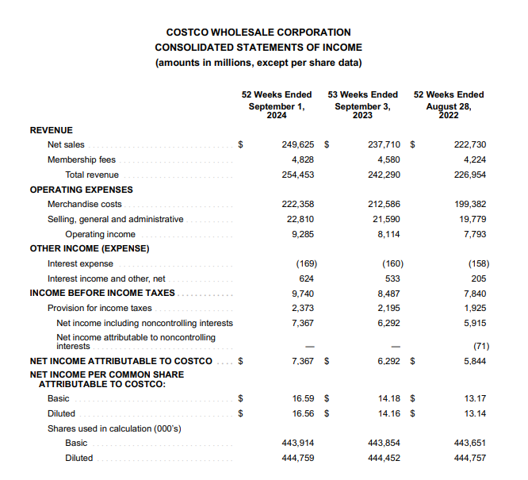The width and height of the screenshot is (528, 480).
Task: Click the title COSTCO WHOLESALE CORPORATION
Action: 258,33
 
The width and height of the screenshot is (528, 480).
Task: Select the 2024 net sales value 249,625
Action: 298,145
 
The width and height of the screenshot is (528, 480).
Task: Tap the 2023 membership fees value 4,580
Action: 385,159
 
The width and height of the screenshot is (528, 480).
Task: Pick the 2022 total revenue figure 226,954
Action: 470,175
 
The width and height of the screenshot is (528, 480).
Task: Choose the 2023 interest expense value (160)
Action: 391,263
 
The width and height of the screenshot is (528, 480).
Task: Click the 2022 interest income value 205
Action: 479,278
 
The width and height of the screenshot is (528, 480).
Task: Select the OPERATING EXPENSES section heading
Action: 81,190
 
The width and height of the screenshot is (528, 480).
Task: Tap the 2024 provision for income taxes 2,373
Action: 303,308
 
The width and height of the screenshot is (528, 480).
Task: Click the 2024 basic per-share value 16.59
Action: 303,398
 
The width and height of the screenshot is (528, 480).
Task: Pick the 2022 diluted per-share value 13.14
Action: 475,413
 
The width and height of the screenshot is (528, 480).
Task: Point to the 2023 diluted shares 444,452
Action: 385,458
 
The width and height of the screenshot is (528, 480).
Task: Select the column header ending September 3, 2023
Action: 363,105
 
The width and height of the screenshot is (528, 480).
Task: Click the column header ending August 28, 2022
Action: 449,105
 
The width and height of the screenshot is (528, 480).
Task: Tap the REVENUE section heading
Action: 51,130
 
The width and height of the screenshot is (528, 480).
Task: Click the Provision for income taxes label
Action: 99,308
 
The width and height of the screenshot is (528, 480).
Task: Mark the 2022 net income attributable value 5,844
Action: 475,361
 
